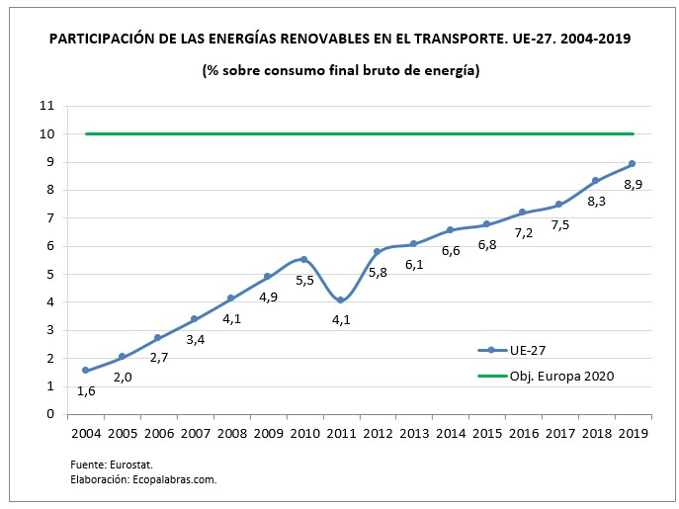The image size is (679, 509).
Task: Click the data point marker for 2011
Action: [340, 299]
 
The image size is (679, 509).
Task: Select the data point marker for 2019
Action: [632, 164]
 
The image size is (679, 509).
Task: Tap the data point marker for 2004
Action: [86, 370]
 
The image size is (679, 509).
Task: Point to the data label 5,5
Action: [304, 282]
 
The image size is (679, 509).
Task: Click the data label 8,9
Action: [633, 184]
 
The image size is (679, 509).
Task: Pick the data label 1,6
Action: [87, 390]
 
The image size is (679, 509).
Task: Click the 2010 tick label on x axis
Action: [304, 433]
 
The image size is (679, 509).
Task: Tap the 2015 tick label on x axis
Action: [486, 433]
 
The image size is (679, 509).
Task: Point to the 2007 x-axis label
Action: [195, 433]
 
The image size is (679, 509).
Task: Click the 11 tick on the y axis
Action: [46, 106]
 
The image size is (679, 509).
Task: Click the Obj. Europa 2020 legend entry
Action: [555, 376]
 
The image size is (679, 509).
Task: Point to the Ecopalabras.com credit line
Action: [143, 479]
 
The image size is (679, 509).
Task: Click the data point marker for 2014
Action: [450, 229]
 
